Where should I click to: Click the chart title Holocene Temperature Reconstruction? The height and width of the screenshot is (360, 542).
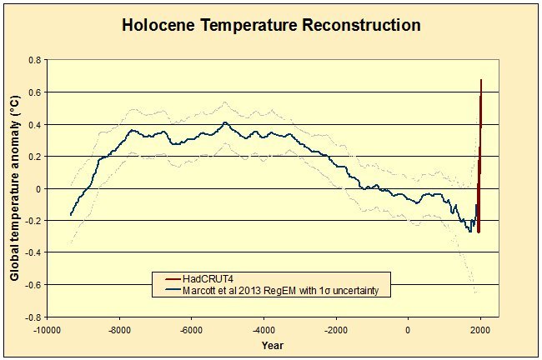click(x=271, y=24)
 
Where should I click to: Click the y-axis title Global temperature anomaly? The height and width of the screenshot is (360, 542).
click(x=14, y=187)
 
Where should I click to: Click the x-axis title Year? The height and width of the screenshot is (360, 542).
click(x=271, y=344)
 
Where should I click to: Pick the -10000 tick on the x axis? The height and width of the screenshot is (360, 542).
click(x=47, y=329)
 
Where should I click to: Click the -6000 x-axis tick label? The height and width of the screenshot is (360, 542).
click(x=191, y=329)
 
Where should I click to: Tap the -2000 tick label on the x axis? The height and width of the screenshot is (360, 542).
click(x=335, y=329)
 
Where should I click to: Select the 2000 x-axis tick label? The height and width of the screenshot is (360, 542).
click(x=480, y=329)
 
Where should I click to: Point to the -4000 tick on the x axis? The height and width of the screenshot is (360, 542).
click(x=263, y=329)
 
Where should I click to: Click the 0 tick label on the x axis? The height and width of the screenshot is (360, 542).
click(x=408, y=329)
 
